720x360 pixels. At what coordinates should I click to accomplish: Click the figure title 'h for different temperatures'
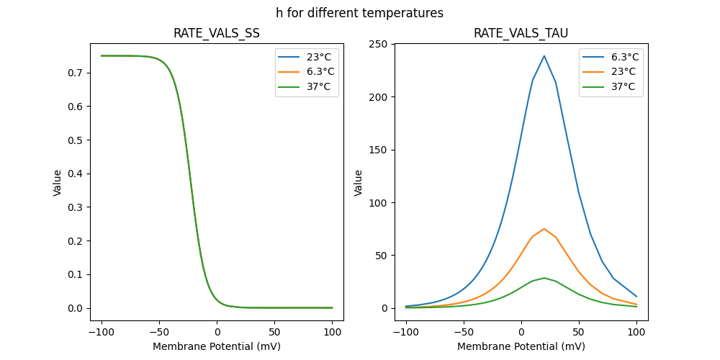(359, 13)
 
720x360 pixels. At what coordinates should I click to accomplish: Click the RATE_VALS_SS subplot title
(217, 33)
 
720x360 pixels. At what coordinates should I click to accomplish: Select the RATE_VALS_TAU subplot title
(521, 33)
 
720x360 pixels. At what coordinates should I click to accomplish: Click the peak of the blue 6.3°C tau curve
(544, 56)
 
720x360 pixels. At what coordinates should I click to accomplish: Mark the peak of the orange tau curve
(544, 229)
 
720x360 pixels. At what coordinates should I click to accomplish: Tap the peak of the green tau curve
(544, 278)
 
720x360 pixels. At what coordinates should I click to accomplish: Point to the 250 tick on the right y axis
(379, 44)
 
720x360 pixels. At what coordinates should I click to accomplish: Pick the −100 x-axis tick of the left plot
(102, 332)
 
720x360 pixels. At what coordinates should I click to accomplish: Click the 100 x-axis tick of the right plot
(636, 332)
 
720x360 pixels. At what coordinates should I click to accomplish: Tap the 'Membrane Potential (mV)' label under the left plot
(217, 346)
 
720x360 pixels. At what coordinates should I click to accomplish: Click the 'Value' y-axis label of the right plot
(359, 182)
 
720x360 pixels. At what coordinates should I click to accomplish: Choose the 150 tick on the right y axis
(379, 150)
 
